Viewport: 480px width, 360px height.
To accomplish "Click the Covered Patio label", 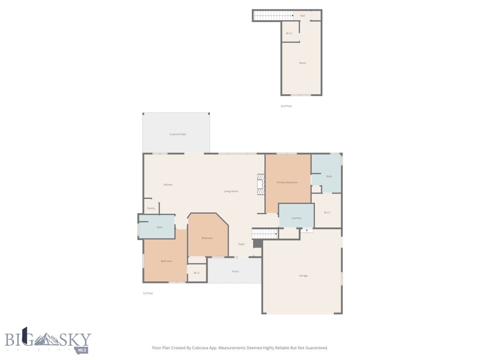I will click(x=178, y=135).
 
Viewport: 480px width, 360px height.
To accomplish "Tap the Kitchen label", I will click(x=168, y=185).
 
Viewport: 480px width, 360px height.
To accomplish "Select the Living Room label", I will click(x=231, y=191).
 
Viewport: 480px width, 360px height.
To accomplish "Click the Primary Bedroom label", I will click(x=287, y=182).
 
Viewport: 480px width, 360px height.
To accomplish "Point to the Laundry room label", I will click(x=296, y=218).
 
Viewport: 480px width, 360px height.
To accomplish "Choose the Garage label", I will click(x=303, y=276).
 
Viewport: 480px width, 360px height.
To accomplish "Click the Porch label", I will click(x=235, y=271).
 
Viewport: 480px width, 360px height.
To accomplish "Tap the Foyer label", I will click(x=241, y=244).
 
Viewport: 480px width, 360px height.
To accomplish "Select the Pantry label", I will click(x=151, y=208).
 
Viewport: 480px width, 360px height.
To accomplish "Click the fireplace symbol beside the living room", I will click(x=261, y=184).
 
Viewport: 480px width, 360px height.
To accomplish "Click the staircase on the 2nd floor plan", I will click(x=273, y=16).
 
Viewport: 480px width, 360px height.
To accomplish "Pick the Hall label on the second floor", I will click(x=302, y=16).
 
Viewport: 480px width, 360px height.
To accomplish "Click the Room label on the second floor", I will click(x=302, y=63).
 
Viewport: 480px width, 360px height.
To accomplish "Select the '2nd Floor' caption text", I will click(x=286, y=106).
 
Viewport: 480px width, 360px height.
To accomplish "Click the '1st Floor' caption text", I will click(x=148, y=293).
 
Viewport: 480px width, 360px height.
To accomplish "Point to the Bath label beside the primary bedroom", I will click(x=329, y=176).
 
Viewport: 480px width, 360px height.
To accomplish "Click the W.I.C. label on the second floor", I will click(x=290, y=33).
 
